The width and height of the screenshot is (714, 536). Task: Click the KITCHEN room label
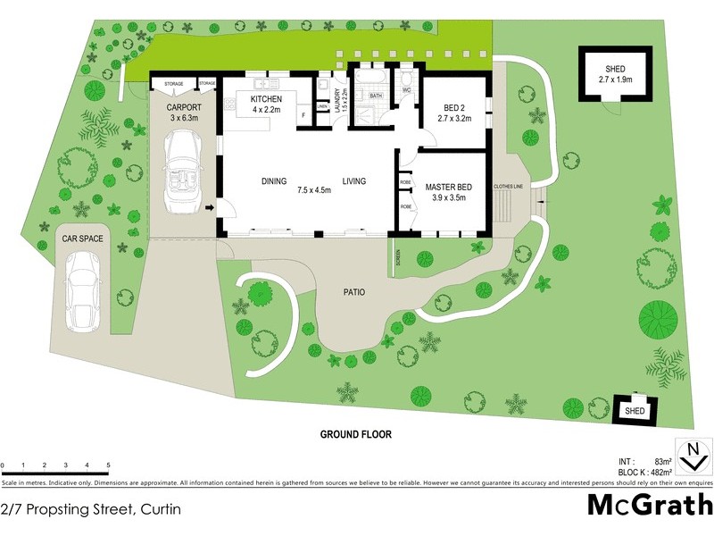coord(266,98)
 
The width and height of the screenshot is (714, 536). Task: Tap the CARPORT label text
coord(185,108)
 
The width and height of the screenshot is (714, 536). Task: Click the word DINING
coord(274,181)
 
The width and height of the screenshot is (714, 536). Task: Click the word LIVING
coord(354,181)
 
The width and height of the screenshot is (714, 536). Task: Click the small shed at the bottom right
coord(635,410)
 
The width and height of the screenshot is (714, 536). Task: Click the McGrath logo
coord(649,505)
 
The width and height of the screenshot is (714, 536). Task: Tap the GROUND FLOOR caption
coord(356,434)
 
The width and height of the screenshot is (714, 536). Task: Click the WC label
coord(406,90)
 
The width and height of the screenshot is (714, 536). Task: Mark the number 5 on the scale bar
coord(108,465)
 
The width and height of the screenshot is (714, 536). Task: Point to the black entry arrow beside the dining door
coord(210,209)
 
